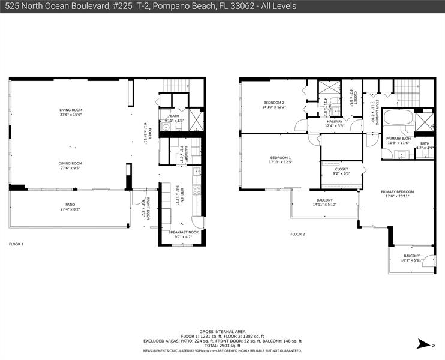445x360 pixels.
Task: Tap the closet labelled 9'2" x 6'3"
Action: (341, 172)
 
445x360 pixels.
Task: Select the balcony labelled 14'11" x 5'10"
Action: (324, 202)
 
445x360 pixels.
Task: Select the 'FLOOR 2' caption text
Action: (298, 234)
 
